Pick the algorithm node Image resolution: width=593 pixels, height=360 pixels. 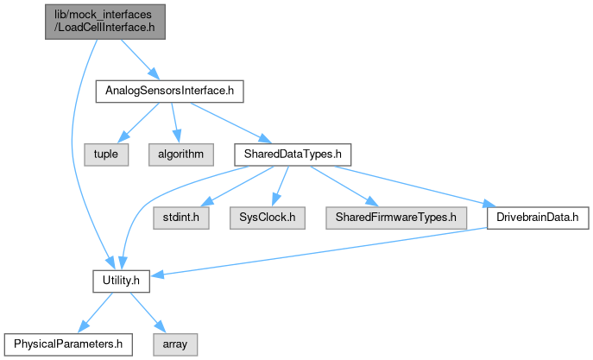(180, 154)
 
